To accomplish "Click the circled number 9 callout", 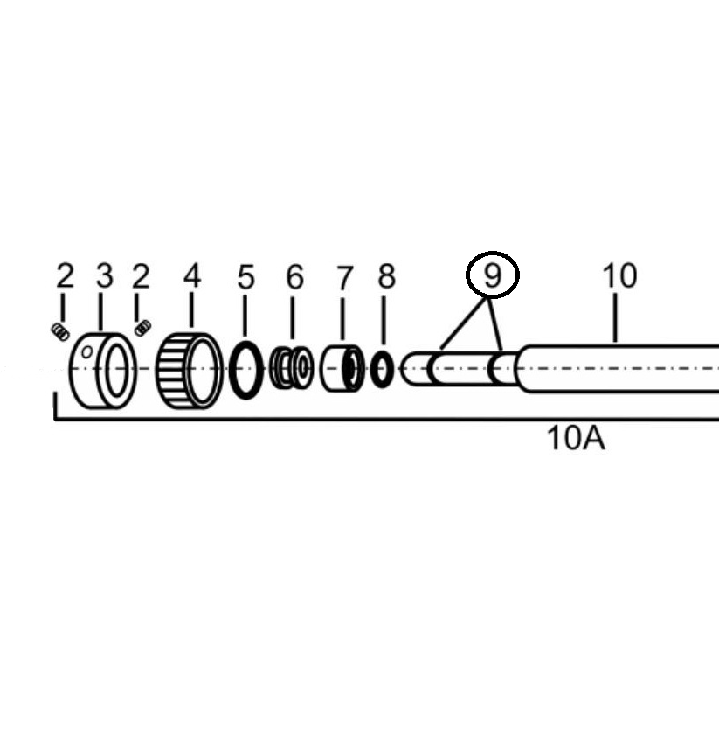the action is pyautogui.click(x=493, y=275).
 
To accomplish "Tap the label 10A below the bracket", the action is pyautogui.click(x=576, y=438).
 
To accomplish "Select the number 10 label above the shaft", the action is pyautogui.click(x=619, y=275).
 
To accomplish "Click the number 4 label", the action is pyautogui.click(x=191, y=275).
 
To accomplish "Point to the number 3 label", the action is pyautogui.click(x=105, y=275).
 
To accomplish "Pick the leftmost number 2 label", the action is pyautogui.click(x=65, y=275).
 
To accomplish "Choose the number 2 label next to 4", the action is pyautogui.click(x=141, y=275).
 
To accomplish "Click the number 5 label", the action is pyautogui.click(x=245, y=277).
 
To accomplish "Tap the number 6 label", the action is pyautogui.click(x=294, y=277).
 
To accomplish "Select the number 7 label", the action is pyautogui.click(x=344, y=278).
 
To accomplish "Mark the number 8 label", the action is pyautogui.click(x=386, y=276).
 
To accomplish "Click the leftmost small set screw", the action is pyautogui.click(x=60, y=332).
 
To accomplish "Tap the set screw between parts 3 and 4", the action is pyautogui.click(x=142, y=327).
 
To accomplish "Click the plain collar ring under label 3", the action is pyautogui.click(x=103, y=371).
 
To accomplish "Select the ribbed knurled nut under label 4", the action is pyautogui.click(x=189, y=371).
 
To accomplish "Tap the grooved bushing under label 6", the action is pyautogui.click(x=292, y=368).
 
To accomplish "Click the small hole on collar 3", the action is pyautogui.click(x=86, y=352).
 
